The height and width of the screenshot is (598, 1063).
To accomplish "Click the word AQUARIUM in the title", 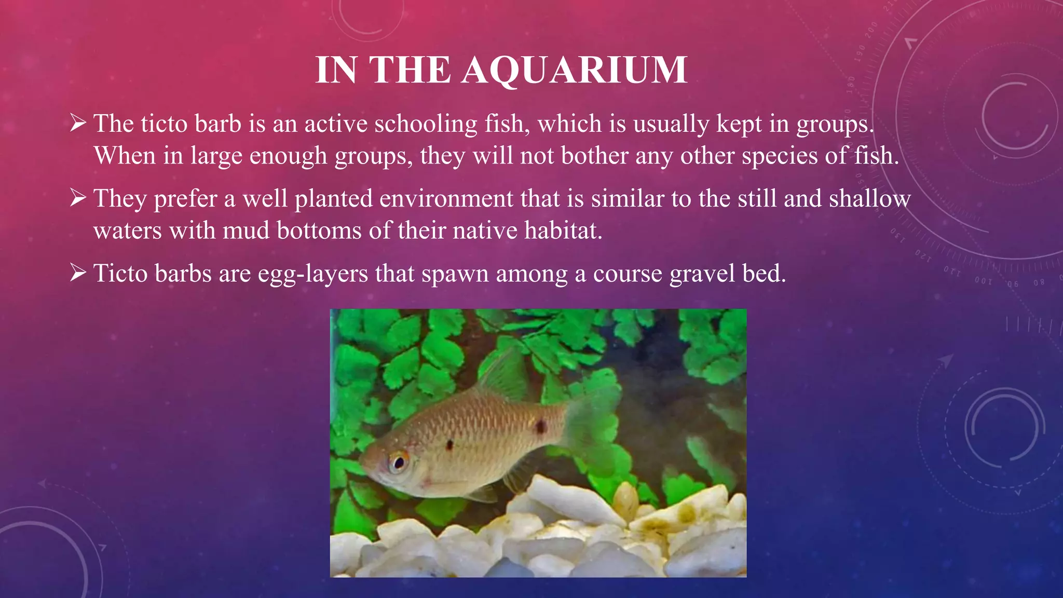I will [x=574, y=70].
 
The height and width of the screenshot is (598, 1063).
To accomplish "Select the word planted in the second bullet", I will [x=333, y=199].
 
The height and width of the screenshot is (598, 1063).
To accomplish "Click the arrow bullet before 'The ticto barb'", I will [x=78, y=123].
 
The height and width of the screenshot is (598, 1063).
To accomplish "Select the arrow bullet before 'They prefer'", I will [x=78, y=198].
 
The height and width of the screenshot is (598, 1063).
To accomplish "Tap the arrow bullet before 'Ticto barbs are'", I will [x=78, y=273].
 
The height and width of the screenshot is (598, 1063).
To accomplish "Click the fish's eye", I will [x=399, y=461].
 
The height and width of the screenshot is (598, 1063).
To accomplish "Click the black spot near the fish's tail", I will [x=540, y=427].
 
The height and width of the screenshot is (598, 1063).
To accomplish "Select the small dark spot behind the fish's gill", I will [x=449, y=444].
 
